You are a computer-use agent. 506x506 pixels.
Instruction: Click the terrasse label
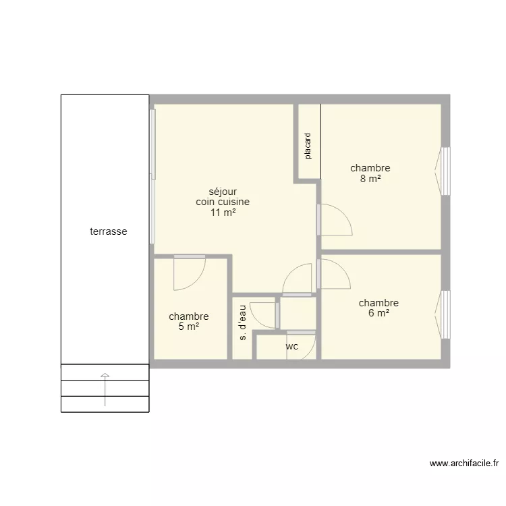tap(109, 231)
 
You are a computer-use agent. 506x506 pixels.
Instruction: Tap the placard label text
tap(308, 146)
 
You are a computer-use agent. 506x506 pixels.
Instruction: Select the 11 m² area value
tap(223, 213)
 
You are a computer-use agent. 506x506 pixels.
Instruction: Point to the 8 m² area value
tap(370, 179)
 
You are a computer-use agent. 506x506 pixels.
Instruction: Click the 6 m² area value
tap(379, 312)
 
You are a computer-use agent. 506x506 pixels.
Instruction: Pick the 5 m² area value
tap(189, 327)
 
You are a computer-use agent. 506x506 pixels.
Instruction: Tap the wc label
tap(292, 347)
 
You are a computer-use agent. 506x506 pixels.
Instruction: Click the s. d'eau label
tap(242, 322)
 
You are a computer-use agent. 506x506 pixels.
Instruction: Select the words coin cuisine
tap(223, 202)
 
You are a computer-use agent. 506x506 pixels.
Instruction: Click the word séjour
tap(223, 192)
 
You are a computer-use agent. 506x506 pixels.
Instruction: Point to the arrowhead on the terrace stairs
tap(105, 375)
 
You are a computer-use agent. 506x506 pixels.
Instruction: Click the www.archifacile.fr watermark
tap(464, 463)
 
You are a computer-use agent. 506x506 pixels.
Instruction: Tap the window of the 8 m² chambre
tap(446, 171)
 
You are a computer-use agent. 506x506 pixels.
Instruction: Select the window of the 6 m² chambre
tap(446, 314)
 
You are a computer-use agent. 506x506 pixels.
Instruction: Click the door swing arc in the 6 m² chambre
tap(342, 268)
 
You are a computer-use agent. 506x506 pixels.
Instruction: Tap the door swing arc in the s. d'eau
tap(258, 321)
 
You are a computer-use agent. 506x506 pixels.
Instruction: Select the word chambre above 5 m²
tap(189, 316)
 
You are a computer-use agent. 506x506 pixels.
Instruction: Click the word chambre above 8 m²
tap(370, 168)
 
